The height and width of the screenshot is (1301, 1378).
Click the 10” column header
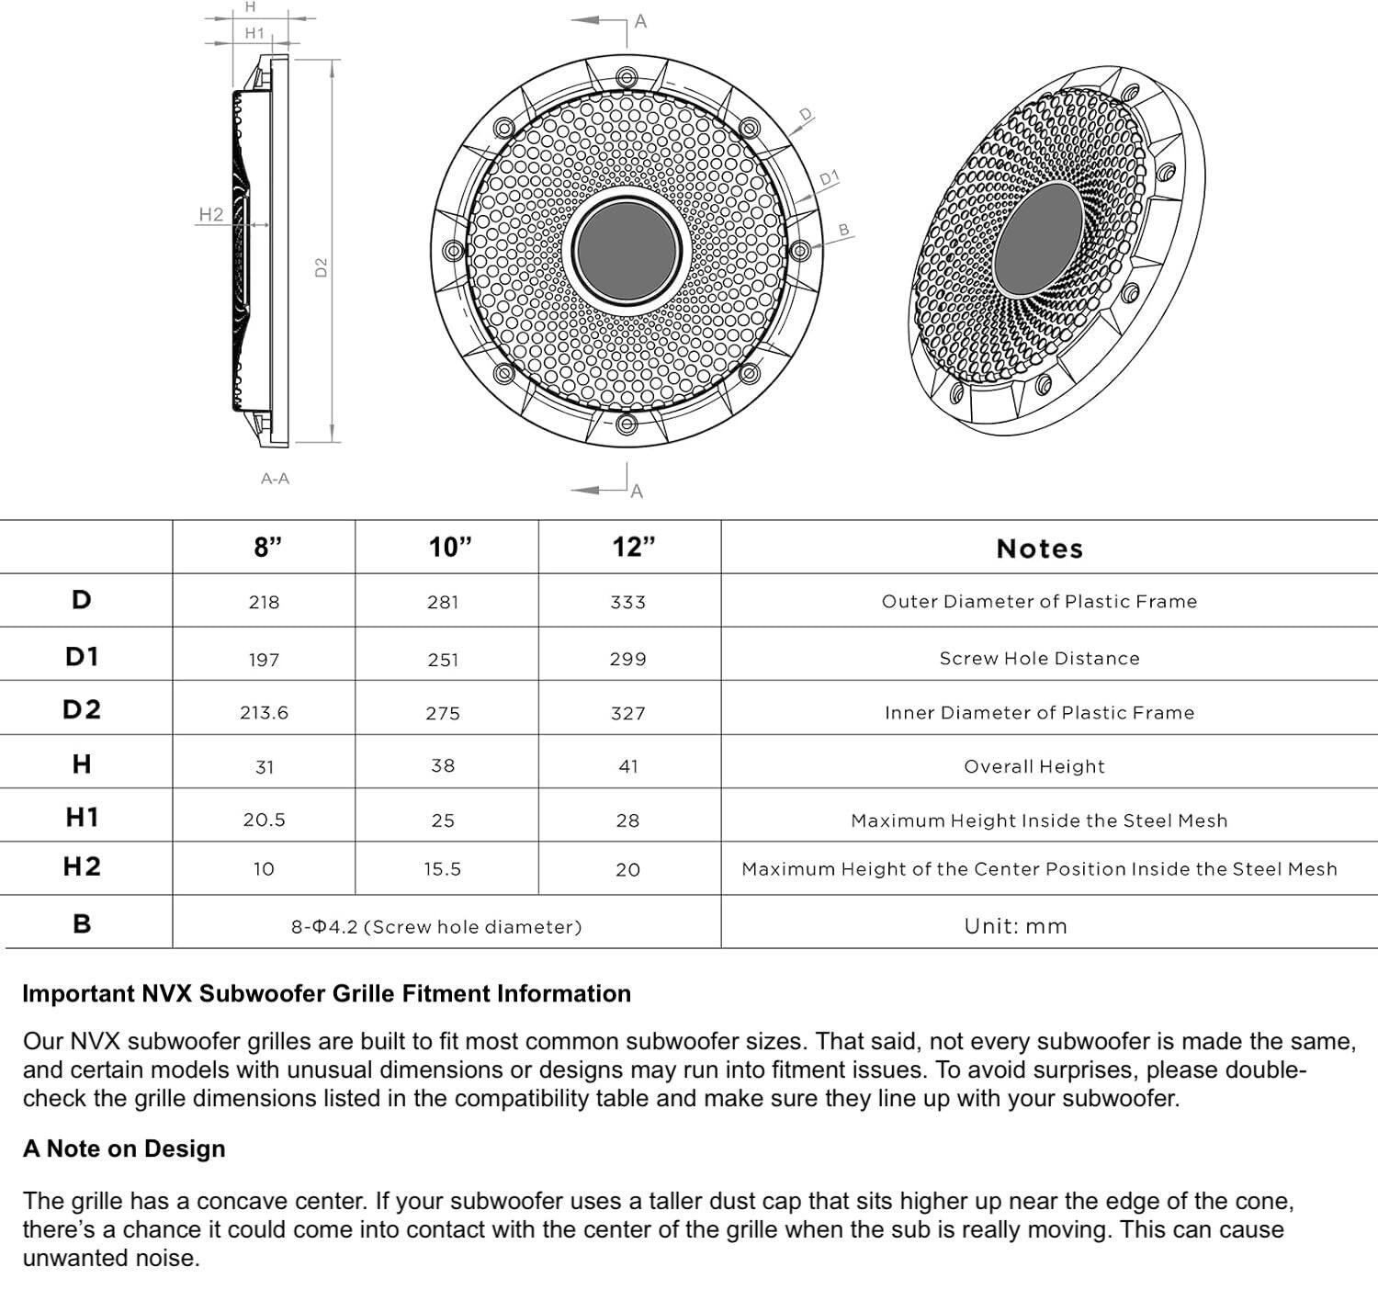(x=449, y=548)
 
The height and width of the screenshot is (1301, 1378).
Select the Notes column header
(x=1039, y=549)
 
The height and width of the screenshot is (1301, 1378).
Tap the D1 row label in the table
(x=82, y=656)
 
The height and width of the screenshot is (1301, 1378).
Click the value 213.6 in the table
(x=264, y=713)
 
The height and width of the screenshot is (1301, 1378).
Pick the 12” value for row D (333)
(x=627, y=603)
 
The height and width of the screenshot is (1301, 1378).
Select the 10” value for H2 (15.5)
(x=442, y=869)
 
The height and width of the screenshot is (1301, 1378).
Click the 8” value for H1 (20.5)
(x=264, y=820)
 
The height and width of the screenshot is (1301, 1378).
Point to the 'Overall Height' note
(x=1033, y=766)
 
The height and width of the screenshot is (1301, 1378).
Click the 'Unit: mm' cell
(x=1015, y=926)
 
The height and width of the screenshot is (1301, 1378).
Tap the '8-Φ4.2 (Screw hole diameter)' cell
(x=436, y=927)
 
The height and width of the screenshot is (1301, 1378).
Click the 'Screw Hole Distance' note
(x=1039, y=659)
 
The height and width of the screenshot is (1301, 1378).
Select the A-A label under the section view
(x=275, y=479)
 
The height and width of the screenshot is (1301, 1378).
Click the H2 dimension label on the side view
(x=210, y=214)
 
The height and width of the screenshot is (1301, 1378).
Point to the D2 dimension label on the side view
(x=322, y=267)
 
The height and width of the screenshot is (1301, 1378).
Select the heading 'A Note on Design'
(x=124, y=1148)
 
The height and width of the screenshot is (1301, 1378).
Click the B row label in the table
(x=82, y=923)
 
